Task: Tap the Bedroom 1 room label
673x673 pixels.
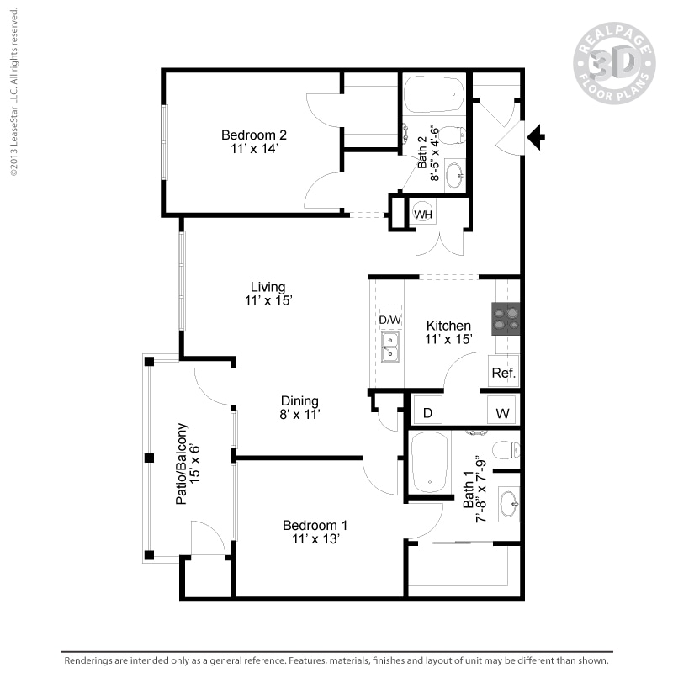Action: click(314, 532)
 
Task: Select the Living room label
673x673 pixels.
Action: click(268, 293)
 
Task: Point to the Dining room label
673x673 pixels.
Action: click(299, 407)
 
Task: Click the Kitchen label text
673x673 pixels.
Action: click(448, 331)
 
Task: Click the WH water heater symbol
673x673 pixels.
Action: click(423, 214)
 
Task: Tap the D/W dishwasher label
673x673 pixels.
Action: click(389, 320)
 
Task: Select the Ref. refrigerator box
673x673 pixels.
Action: click(503, 373)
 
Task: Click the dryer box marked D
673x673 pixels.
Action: click(427, 413)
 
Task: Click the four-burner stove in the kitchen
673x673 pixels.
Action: click(507, 318)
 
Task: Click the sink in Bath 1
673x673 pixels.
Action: click(509, 505)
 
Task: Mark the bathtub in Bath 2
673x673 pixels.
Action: click(433, 95)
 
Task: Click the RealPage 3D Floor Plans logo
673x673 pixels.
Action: click(614, 63)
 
